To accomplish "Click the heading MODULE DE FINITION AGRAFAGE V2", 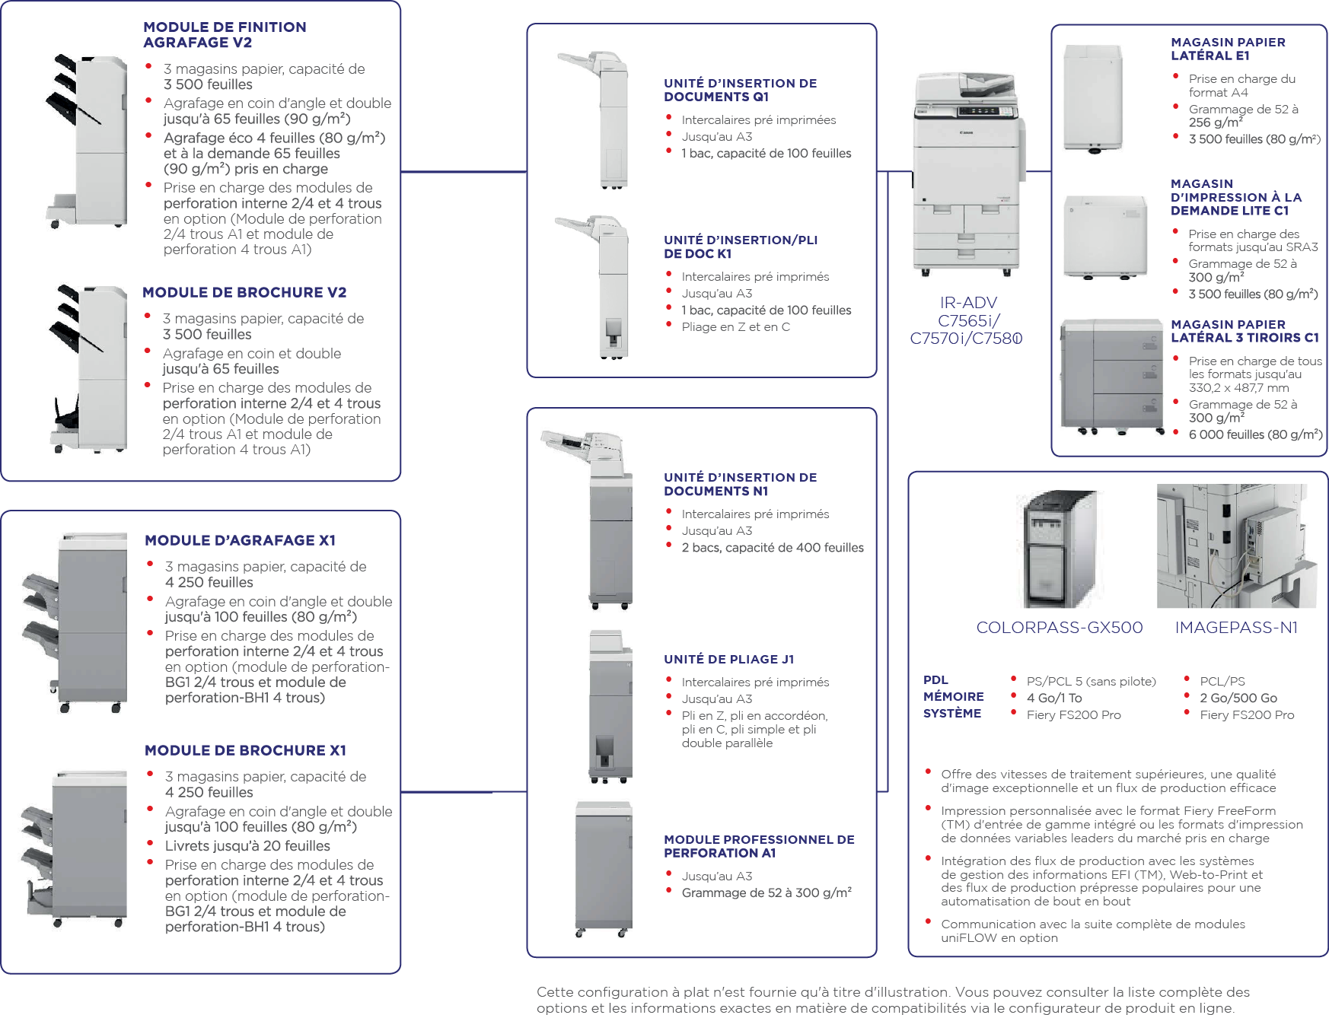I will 225,35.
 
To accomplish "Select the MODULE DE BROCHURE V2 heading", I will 244,293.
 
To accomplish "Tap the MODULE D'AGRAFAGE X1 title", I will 240,541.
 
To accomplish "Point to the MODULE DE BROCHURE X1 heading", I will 245,751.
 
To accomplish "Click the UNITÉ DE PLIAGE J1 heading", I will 728,660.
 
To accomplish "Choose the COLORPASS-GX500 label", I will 1060,628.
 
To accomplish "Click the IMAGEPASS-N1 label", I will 1236,628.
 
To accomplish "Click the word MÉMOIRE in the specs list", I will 953,697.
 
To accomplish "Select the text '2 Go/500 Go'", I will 1238,698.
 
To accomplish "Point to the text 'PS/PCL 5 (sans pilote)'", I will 1091,682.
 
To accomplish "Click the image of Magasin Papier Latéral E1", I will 1093,98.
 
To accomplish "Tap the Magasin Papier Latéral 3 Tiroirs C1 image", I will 1112,376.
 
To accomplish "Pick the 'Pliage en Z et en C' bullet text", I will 735,327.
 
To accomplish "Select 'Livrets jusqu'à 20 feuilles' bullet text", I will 247,846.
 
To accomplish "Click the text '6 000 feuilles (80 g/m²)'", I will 1255,435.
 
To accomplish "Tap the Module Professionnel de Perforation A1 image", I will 604,867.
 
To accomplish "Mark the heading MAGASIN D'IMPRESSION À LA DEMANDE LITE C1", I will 1235,198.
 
